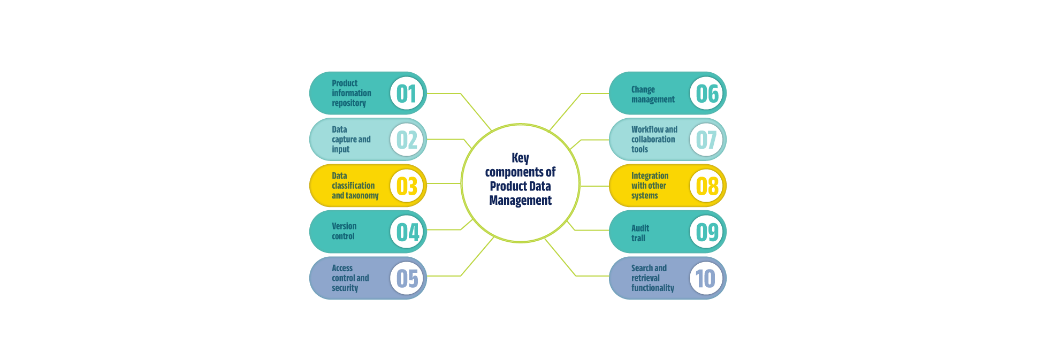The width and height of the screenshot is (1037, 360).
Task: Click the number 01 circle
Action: click(x=407, y=94)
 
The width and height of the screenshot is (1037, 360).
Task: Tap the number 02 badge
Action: click(x=407, y=140)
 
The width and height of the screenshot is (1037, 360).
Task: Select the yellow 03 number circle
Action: click(x=407, y=186)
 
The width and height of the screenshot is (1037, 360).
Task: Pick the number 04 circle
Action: click(x=407, y=232)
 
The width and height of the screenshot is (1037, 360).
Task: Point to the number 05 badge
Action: click(x=407, y=278)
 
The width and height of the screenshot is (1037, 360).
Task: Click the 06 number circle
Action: click(x=706, y=94)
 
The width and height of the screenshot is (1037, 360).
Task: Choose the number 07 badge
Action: click(x=706, y=140)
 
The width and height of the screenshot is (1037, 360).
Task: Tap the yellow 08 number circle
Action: click(x=706, y=186)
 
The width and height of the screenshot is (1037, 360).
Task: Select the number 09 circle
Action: click(x=706, y=232)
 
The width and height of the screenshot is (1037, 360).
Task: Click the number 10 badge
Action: click(x=706, y=278)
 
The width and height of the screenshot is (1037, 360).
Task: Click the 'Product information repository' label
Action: click(x=351, y=93)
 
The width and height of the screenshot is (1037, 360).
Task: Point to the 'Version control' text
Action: click(x=344, y=231)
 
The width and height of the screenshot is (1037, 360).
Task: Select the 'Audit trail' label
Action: click(x=640, y=233)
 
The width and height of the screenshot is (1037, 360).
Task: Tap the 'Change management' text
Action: click(x=652, y=94)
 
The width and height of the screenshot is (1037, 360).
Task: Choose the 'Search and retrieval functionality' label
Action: click(x=652, y=278)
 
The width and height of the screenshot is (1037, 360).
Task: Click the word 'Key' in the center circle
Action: click(x=520, y=158)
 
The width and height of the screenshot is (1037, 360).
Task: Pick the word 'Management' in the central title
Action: click(x=520, y=201)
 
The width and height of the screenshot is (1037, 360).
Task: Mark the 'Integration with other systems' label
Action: click(x=650, y=186)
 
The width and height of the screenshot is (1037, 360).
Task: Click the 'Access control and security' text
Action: click(x=350, y=278)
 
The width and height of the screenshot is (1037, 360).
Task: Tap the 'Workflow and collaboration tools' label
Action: click(x=654, y=139)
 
